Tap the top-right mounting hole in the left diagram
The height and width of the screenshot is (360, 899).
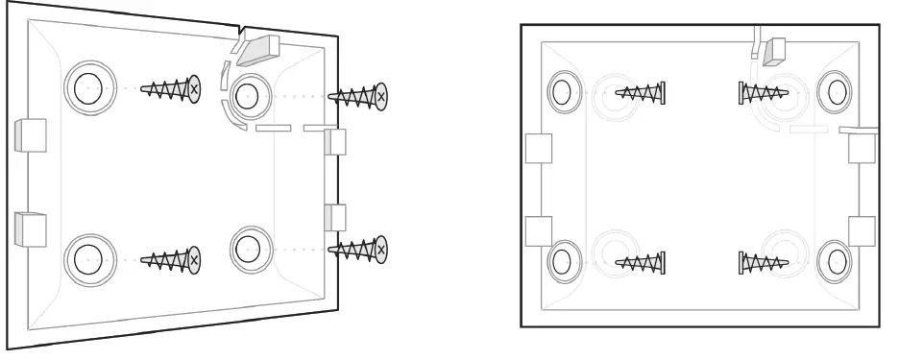247,94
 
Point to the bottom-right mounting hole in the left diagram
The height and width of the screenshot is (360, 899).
247,247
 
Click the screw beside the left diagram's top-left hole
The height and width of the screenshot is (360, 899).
171,89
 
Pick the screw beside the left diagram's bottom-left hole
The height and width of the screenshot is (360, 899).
171,258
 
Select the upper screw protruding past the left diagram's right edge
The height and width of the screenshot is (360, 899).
358,96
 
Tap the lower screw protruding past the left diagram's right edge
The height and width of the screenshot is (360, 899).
358,250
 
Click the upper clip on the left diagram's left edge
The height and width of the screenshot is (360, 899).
31,136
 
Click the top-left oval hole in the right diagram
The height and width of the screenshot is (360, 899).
561,93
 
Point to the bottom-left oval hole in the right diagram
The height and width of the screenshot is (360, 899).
561,260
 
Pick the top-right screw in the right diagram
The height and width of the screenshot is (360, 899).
763,93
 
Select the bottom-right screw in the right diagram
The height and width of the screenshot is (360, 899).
763,260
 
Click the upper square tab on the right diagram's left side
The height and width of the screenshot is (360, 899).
538,148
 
